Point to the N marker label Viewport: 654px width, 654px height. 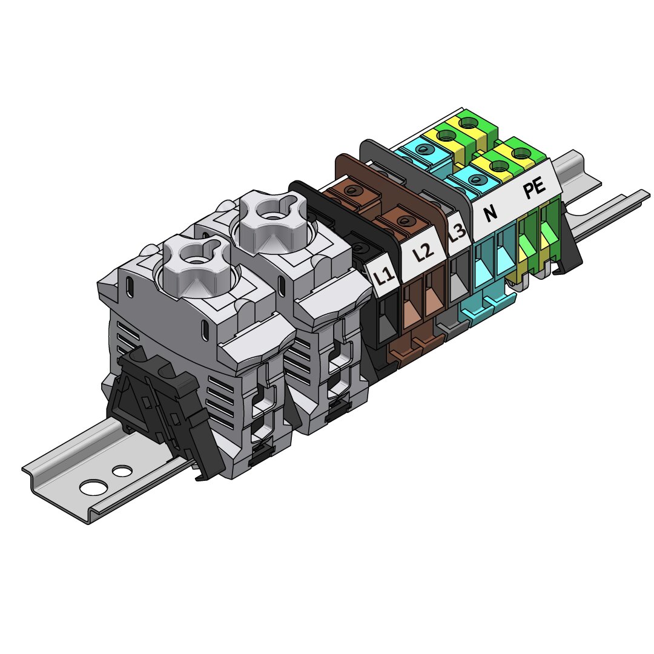491,213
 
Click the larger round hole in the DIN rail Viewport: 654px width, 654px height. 93,486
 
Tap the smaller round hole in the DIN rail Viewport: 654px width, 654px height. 122,471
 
